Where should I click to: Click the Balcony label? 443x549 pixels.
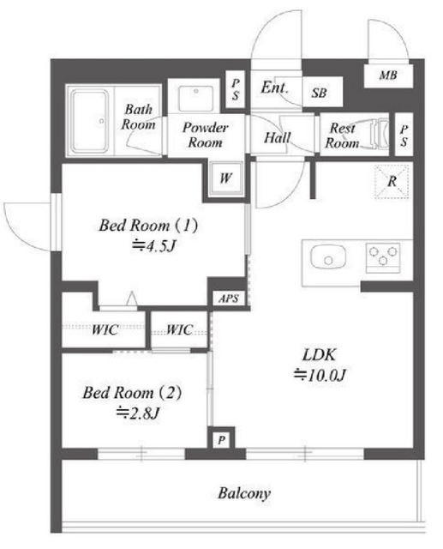tap(244, 494)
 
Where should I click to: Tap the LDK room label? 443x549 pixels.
tap(320, 355)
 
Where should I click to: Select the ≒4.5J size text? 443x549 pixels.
tap(153, 246)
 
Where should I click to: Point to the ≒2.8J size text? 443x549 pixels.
tap(138, 413)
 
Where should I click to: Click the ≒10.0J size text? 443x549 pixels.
tap(320, 376)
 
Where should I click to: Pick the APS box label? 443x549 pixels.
tap(229, 299)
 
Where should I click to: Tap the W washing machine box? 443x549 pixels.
tap(226, 178)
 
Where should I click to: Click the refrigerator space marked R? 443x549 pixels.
tap(392, 182)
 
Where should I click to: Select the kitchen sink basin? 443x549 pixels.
tap(328, 257)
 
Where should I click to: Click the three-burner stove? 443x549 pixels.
tap(383, 258)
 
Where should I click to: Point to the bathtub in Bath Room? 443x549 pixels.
tap(89, 121)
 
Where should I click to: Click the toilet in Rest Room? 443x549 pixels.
tap(380, 134)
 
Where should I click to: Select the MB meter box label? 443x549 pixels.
tap(388, 75)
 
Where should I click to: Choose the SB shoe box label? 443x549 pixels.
tap(320, 93)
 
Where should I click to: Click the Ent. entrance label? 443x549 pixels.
tap(275, 87)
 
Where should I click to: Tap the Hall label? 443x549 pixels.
tap(278, 137)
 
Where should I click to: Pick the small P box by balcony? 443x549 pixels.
tap(221, 440)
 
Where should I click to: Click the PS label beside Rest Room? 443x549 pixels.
tap(404, 136)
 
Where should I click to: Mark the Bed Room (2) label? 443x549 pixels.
tap(132, 393)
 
